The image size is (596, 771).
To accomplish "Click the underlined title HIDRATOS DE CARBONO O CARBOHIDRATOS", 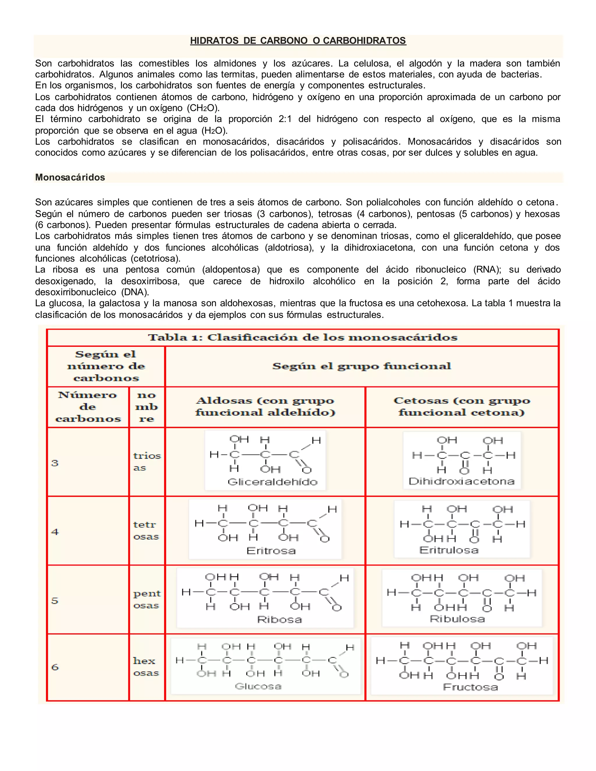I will point(298,41).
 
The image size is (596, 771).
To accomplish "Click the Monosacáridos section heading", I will point(70,177).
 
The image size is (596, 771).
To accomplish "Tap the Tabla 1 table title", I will point(303,337).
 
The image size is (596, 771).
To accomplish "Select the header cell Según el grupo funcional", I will point(361,366).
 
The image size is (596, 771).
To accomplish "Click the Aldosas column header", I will point(265,407).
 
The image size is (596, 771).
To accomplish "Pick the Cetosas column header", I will point(462,407).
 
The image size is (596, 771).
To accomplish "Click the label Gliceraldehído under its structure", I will point(272,482).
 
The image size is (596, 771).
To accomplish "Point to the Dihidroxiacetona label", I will point(462,482).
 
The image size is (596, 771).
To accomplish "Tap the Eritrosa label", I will point(271,551).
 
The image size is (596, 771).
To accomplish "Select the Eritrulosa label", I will point(449,550).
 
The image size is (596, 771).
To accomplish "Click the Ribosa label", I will point(279,619).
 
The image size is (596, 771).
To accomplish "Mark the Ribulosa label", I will point(457,619).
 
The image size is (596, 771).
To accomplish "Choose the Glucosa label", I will point(258,686).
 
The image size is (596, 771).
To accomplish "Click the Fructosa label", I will point(470,687).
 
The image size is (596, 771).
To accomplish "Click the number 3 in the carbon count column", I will point(55,463).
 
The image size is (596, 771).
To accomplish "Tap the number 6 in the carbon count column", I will point(55,667).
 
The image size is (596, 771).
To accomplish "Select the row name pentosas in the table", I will point(147,599).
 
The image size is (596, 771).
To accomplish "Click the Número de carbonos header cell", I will point(88,407).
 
